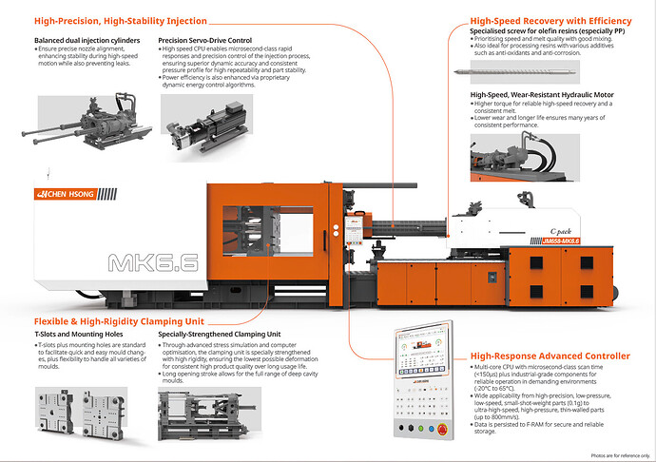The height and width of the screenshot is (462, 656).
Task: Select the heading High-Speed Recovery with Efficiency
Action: click(x=550, y=21)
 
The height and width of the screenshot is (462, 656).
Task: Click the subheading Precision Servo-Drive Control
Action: click(x=205, y=41)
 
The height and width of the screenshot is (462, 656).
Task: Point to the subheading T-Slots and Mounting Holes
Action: click(x=82, y=336)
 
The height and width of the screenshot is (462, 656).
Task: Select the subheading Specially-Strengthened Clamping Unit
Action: click(x=220, y=336)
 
